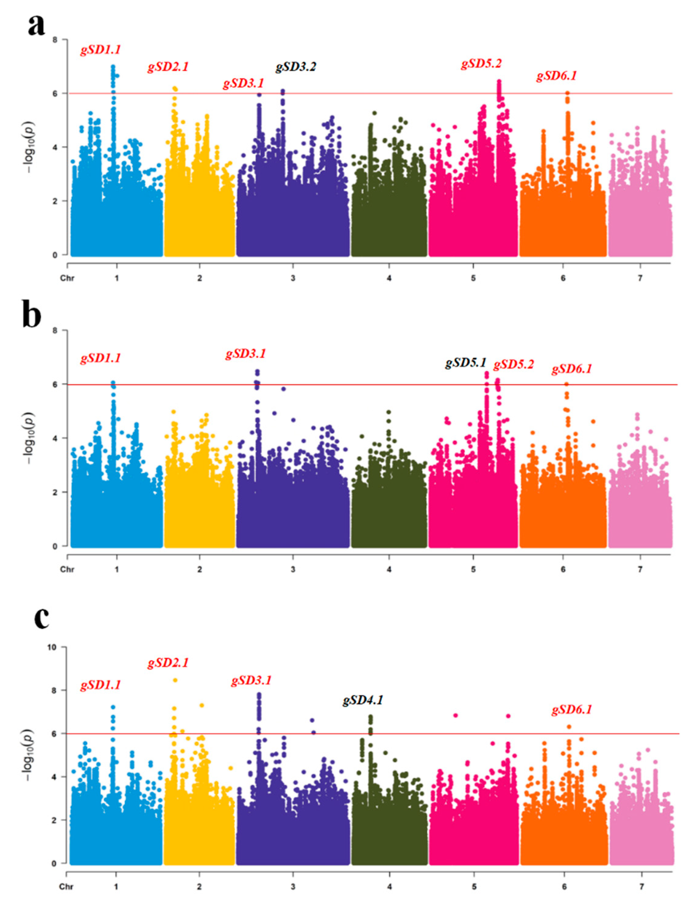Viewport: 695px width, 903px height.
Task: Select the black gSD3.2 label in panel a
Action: [x=296, y=67]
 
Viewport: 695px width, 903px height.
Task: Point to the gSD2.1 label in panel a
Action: [x=168, y=67]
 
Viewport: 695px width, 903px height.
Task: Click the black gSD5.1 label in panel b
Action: [x=466, y=363]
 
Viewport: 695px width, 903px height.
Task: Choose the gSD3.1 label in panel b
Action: [x=245, y=354]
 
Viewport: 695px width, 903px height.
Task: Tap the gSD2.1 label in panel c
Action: [x=168, y=663]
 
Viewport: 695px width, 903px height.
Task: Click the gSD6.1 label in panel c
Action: [x=572, y=710]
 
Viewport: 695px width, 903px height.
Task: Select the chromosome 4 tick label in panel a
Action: [x=389, y=278]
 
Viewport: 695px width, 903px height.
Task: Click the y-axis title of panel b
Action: [x=30, y=438]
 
